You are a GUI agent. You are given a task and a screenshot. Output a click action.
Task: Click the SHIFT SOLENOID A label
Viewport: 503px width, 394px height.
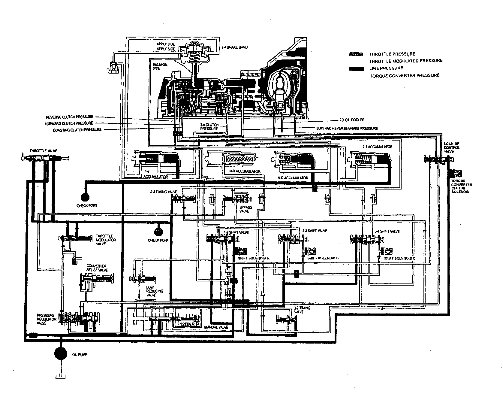click(253, 258)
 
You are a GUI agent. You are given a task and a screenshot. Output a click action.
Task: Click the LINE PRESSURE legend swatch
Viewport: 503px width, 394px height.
click(356, 69)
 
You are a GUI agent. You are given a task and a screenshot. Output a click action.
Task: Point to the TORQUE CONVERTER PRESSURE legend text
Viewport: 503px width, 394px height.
click(405, 75)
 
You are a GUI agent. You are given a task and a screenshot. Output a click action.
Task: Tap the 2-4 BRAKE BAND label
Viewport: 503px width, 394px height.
click(234, 47)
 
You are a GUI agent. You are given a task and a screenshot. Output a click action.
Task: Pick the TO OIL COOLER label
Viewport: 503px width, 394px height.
click(353, 120)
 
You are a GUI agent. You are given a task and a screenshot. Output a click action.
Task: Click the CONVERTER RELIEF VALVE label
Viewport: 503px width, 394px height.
click(97, 268)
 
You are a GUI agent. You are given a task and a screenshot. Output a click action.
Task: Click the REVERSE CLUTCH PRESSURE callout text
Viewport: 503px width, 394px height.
click(69, 117)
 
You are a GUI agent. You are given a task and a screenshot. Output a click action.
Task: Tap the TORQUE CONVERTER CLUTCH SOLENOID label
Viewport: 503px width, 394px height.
click(462, 186)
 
